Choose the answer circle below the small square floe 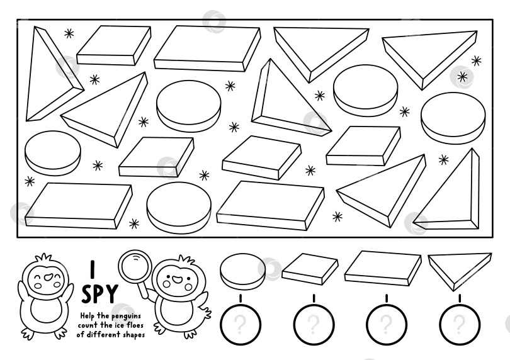313,325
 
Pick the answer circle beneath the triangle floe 459,325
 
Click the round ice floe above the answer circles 242,267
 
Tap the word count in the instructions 88,325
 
